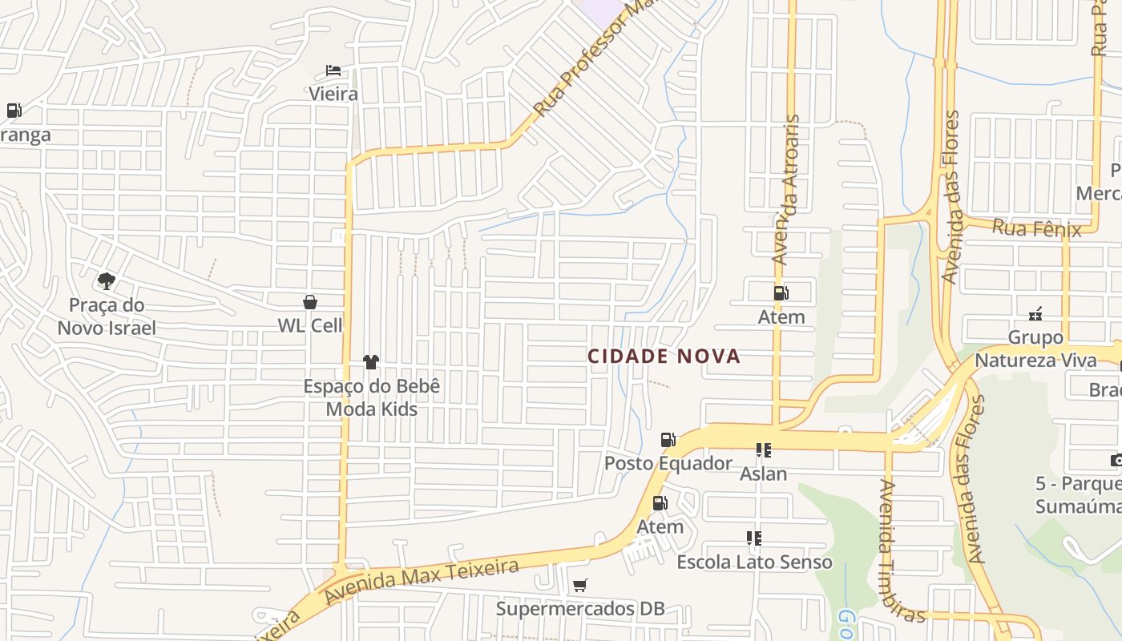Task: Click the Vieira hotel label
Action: coord(333,94)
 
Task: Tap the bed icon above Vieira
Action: coord(333,71)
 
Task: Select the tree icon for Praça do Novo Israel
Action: coord(106,280)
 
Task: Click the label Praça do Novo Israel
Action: coord(107,316)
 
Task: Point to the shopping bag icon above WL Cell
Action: coord(310,302)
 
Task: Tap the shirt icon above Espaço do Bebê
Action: coord(370,362)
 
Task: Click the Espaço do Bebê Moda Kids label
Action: coord(372,397)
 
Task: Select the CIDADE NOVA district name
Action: coord(664,357)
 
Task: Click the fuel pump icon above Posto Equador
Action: coord(668,439)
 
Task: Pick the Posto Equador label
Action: coord(668,463)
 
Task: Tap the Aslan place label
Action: coord(763,474)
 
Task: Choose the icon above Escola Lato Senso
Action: coord(753,538)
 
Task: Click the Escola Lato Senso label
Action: coord(754,562)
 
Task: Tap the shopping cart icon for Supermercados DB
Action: coord(580,586)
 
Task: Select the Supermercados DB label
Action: coord(580,609)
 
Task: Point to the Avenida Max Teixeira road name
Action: coord(422,583)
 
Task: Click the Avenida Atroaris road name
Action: coord(786,189)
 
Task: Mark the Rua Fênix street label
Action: coord(1036,228)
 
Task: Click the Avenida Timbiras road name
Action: coord(902,550)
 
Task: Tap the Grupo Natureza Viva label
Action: coord(1035,349)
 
